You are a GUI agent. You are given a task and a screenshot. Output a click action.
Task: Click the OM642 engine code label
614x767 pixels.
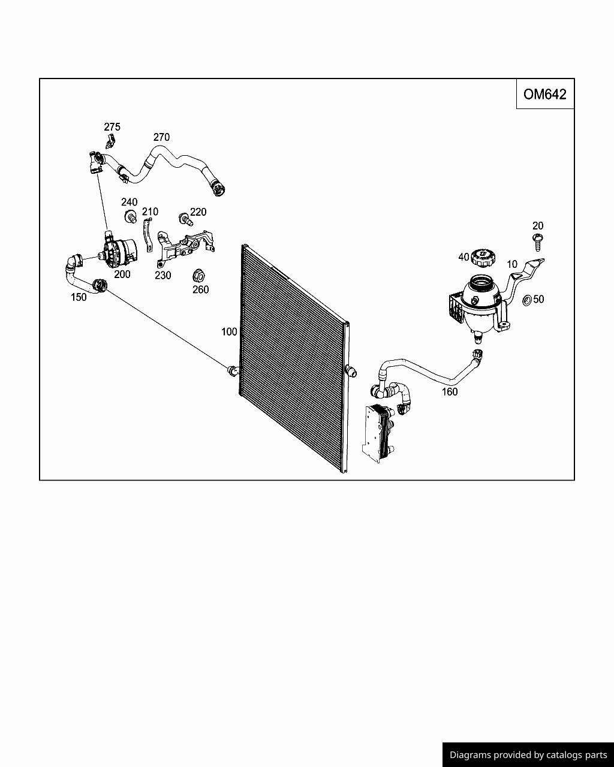coord(544,94)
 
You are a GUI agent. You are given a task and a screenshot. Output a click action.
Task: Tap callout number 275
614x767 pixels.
coord(112,127)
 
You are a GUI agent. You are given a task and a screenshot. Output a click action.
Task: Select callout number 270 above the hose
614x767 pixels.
coord(161,137)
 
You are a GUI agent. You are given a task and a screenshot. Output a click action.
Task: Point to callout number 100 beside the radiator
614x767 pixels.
coord(229,331)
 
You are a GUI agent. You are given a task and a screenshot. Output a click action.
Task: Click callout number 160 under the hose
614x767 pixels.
coord(450,392)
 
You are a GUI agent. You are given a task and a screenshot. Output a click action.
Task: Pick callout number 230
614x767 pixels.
coord(162,276)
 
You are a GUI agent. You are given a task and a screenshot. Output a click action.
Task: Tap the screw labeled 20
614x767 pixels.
coord(538,243)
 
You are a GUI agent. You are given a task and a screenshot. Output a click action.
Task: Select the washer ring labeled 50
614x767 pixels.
coord(526,300)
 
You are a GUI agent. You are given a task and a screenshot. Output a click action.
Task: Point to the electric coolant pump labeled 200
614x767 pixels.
coord(119,252)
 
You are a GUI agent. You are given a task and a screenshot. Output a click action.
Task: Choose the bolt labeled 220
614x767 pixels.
coord(185,220)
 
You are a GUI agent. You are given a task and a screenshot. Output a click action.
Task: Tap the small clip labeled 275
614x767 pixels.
coord(110,143)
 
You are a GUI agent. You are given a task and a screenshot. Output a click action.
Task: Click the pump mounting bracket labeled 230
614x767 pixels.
coord(183,248)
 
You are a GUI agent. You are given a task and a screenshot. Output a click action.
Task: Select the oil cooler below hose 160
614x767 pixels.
coord(377,431)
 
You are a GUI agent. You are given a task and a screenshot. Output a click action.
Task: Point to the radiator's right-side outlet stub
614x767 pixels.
coord(351,372)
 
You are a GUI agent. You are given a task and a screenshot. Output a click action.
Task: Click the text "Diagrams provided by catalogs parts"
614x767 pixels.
coord(528,755)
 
